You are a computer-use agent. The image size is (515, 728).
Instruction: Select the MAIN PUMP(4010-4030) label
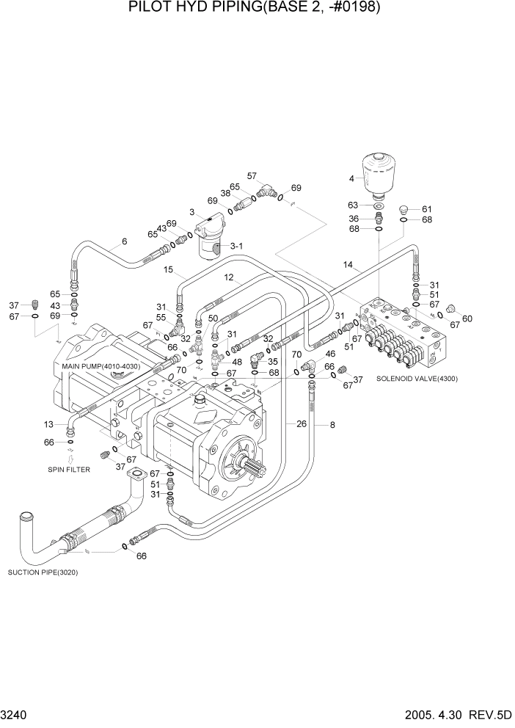tap(101, 365)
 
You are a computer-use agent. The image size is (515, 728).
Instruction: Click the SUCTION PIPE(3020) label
tap(43, 572)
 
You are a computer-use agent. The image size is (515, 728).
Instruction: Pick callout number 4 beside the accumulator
tap(351, 178)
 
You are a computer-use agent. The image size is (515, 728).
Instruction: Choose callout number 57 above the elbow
tap(252, 176)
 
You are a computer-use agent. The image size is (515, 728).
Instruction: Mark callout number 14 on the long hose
tap(348, 264)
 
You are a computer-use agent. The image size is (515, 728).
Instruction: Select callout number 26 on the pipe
tap(302, 423)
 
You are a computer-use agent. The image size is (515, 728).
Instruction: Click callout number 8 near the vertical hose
tap(332, 423)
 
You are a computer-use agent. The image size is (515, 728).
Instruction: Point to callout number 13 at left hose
tap(48, 424)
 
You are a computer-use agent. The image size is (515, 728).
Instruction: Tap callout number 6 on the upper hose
tap(124, 241)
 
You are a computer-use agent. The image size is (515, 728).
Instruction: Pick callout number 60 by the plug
tap(467, 318)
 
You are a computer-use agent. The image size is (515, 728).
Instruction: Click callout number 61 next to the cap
tap(427, 208)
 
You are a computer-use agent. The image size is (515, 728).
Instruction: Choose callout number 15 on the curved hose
tap(168, 270)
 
